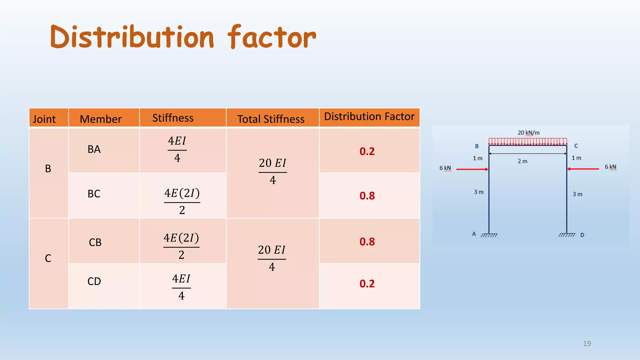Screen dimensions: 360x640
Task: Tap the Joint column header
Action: point(44,119)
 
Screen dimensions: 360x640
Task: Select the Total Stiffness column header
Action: point(271,119)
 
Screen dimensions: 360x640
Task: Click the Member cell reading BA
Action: point(94,149)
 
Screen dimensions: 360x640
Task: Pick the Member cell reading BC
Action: point(94,194)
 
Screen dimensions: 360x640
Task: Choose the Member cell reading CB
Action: point(95,242)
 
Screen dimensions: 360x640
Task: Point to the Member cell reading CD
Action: point(94,281)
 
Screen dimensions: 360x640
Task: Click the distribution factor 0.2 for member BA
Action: point(367,151)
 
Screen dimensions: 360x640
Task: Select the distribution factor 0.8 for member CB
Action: point(367,242)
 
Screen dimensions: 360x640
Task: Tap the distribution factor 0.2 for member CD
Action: point(367,283)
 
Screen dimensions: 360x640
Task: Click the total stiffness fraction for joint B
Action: point(272,171)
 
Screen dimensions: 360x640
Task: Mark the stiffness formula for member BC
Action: point(182,201)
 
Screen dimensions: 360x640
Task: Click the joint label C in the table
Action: point(48,258)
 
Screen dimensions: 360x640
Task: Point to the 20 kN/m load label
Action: point(528,133)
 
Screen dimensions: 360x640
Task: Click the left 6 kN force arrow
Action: point(472,169)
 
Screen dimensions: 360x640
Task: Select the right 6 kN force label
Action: point(610,167)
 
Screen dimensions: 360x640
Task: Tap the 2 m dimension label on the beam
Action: point(522,161)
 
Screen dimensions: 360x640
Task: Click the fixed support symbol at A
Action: point(489,235)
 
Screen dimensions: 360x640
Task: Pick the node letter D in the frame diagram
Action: point(582,235)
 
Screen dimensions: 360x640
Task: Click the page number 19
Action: point(587,343)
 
